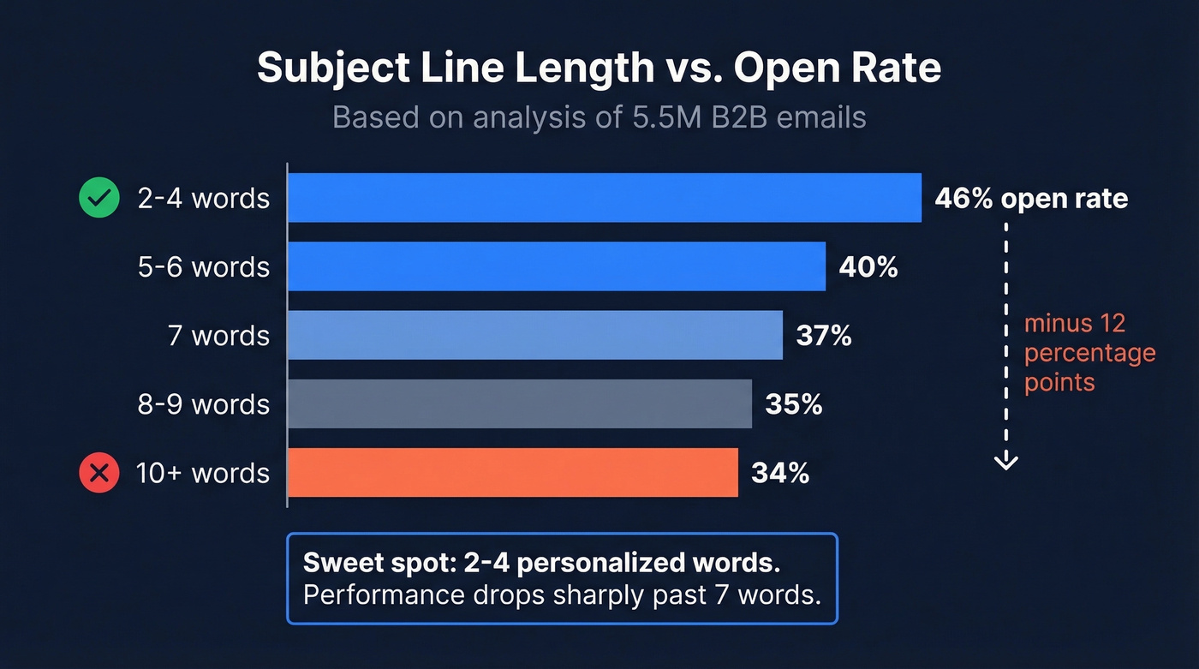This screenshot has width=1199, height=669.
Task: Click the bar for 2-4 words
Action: pos(604,198)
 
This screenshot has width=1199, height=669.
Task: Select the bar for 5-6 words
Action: pos(556,266)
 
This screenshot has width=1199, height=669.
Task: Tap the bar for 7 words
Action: pos(534,335)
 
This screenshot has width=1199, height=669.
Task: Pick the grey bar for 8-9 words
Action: pos(519,403)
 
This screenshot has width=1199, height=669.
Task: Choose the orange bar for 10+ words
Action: pos(512,472)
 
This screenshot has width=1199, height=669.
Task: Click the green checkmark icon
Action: pos(98,198)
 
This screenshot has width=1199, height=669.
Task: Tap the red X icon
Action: pos(98,473)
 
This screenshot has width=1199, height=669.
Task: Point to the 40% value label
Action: pos(868,267)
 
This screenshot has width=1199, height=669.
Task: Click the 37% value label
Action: pos(824,336)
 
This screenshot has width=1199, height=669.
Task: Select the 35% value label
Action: pos(794,404)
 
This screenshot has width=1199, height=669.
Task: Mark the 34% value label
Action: pos(780,473)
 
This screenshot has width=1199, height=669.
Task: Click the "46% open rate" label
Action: pos(1031,199)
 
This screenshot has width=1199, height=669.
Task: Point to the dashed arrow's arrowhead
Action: pos(1005,462)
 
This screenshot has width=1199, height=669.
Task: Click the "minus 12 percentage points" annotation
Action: pos(1089,352)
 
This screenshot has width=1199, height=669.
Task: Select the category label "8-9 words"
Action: pos(204,404)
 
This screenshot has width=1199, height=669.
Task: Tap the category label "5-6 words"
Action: pos(204,267)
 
